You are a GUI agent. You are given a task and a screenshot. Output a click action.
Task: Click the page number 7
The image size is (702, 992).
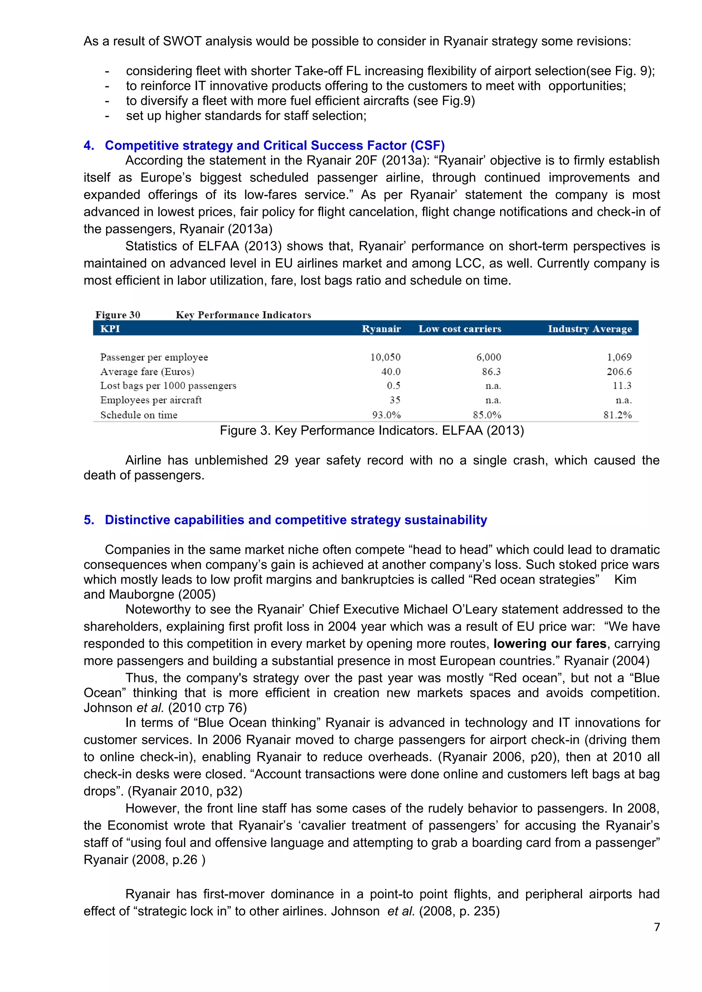tap(657, 927)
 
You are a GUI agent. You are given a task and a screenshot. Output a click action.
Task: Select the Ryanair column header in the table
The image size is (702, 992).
tap(381, 329)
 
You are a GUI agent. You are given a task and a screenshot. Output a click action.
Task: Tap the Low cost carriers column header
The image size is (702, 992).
tap(460, 329)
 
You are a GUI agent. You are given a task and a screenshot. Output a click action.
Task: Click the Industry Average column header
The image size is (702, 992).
tap(590, 329)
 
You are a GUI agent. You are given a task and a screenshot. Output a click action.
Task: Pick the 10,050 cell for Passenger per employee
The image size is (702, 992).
tap(385, 357)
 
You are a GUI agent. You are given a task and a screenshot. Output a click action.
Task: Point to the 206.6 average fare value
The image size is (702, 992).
tap(619, 372)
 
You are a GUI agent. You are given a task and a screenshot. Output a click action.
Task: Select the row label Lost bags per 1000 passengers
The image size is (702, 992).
tap(168, 386)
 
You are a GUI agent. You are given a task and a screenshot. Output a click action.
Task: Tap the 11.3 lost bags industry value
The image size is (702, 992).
tap(622, 386)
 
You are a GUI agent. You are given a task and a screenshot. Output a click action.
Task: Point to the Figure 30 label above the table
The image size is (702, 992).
tap(118, 315)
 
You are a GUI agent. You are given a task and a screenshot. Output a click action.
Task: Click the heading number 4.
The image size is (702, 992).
tap(89, 146)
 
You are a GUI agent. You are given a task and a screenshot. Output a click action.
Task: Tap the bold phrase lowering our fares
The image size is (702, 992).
tap(550, 643)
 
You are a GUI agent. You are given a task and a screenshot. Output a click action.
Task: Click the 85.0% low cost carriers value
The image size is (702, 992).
tap(487, 415)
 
